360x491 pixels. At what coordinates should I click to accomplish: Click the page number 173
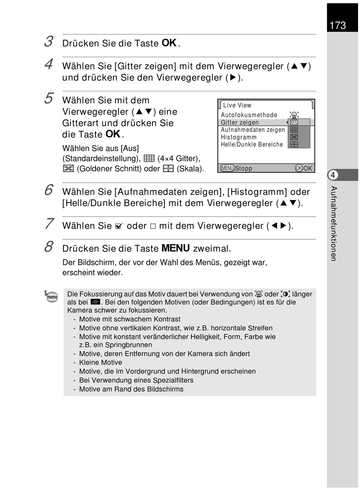pos(338,25)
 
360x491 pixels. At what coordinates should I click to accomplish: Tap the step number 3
pos(49,41)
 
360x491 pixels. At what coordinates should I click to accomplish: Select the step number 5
pos(49,98)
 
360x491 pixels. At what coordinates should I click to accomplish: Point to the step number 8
pos(49,246)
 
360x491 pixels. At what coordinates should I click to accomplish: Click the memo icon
pos(51,296)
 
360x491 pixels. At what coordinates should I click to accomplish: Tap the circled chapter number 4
pos(333,175)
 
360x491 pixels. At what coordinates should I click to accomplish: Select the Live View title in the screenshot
pos(237,105)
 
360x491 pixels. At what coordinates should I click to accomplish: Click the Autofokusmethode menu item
pos(249,115)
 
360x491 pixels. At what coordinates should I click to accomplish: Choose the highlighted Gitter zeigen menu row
pos(266,122)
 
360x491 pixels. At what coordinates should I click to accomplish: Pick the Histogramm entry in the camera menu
pos(238,137)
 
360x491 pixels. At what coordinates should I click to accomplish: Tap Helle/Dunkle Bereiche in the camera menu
pos(252,144)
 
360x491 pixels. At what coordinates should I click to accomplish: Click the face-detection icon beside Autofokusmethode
pos(294,115)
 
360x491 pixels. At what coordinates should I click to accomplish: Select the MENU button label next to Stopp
pos(227,168)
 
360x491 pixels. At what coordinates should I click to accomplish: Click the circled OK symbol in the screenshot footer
pos(299,168)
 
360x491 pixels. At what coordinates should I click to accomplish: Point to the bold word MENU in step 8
pos(175,248)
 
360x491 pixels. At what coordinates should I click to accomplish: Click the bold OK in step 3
pos(169,43)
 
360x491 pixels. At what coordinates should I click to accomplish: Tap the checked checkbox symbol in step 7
pos(119,226)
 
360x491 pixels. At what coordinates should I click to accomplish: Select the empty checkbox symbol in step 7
pos(153,226)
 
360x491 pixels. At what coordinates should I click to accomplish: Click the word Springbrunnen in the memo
pos(128,345)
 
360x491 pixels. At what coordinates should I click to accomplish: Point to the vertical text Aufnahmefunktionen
pos(333,224)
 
